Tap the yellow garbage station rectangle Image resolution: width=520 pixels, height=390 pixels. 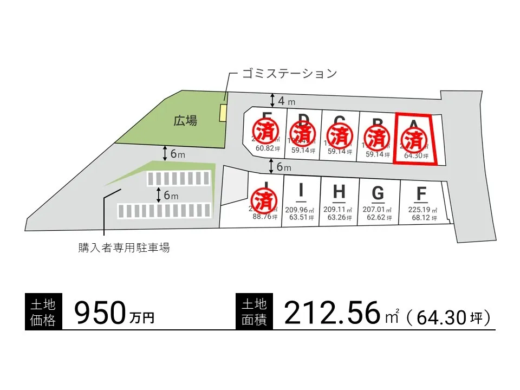(222, 113)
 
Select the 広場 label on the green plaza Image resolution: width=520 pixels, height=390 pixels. (185, 120)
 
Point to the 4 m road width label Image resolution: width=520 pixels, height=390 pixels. (286, 101)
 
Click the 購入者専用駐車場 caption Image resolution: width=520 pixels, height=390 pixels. (124, 248)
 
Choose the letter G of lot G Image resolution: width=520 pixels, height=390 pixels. (378, 193)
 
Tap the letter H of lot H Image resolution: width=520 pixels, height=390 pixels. (339, 192)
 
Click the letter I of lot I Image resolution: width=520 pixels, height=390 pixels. (301, 191)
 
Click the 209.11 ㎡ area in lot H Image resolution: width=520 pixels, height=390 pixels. (339, 210)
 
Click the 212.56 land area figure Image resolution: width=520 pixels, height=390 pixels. (330, 314)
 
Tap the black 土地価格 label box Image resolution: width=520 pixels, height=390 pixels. (43, 312)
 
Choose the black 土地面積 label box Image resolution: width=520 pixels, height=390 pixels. (255, 312)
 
